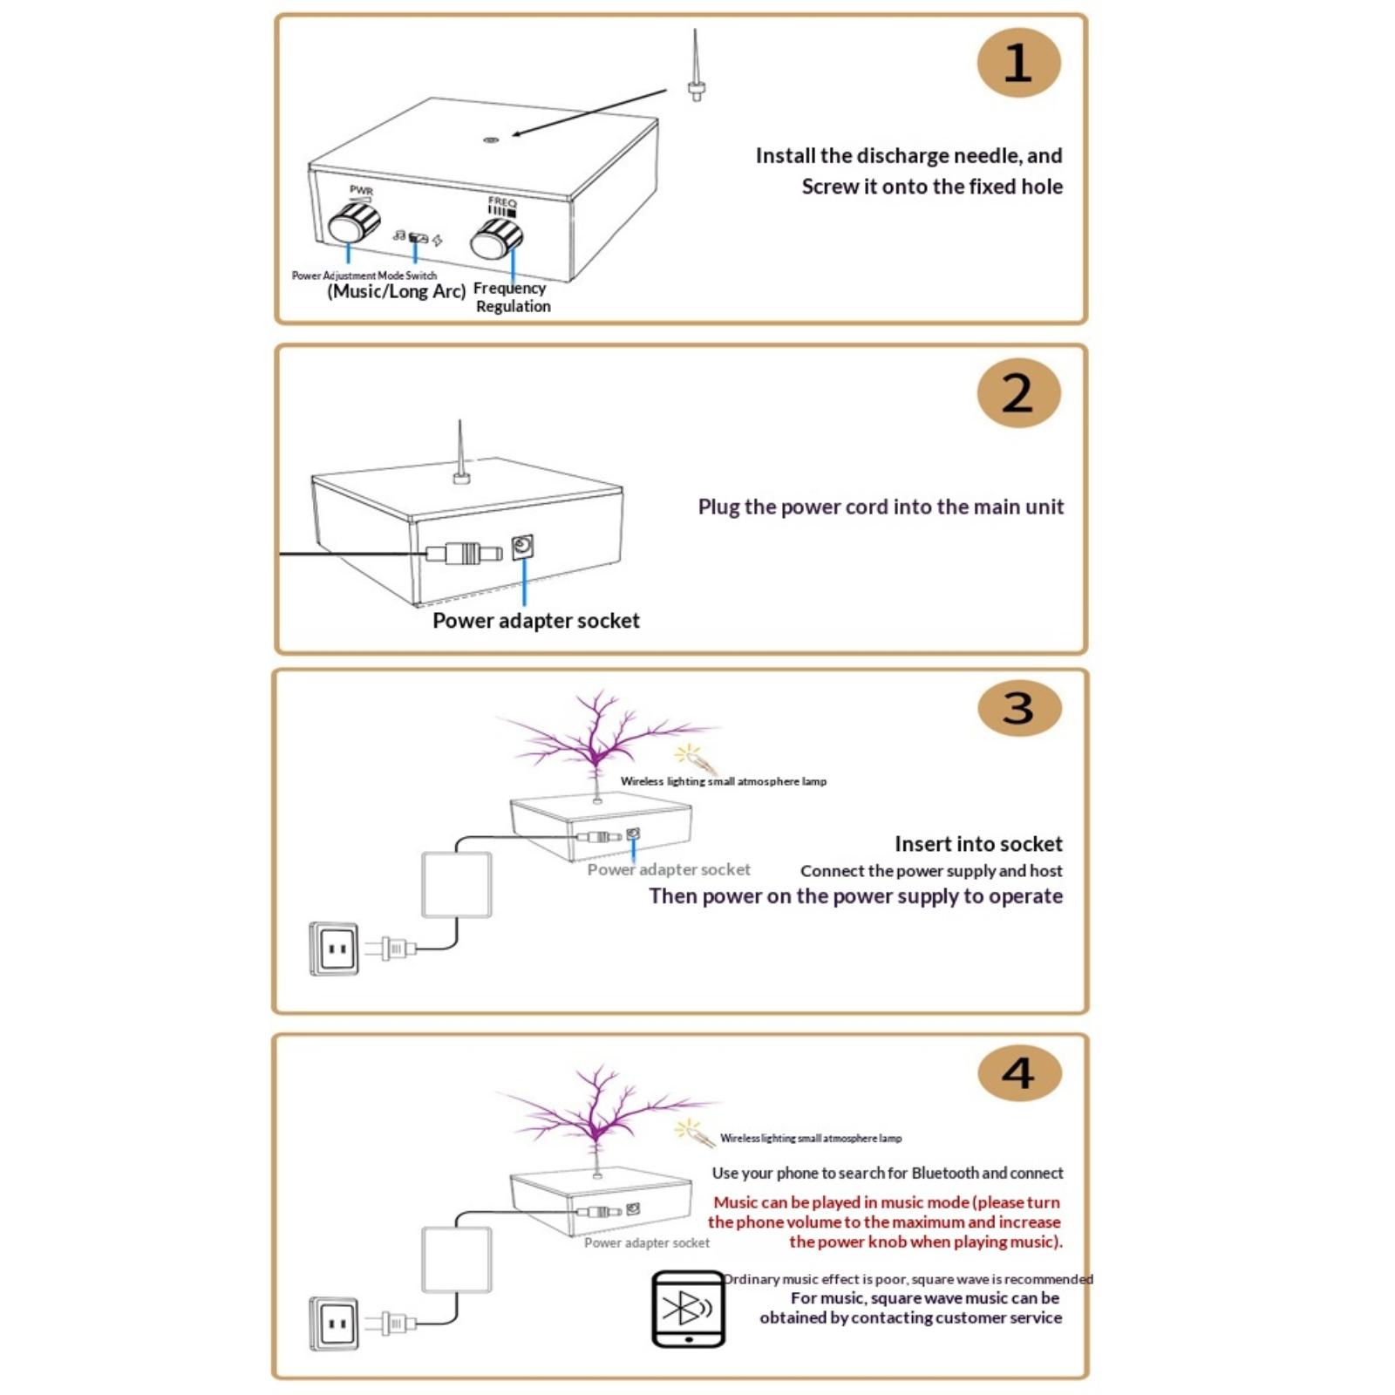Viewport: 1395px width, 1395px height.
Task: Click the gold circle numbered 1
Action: click(x=1017, y=63)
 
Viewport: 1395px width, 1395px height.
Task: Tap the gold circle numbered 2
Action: click(x=1017, y=393)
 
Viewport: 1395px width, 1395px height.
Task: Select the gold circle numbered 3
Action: click(x=1019, y=707)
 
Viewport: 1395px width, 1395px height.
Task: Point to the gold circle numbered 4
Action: click(x=1019, y=1072)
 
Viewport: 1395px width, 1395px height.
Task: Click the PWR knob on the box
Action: click(x=352, y=224)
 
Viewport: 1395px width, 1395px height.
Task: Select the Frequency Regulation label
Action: click(x=512, y=297)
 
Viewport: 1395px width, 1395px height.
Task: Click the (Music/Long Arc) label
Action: click(x=397, y=291)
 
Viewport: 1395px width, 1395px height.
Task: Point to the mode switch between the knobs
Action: click(x=418, y=238)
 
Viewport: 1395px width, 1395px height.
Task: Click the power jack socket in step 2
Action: click(x=522, y=548)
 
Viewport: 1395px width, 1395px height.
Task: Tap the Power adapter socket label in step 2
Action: click(x=535, y=621)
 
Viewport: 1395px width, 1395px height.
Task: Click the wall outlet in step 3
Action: click(x=334, y=948)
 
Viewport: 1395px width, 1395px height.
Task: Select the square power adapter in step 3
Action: click(x=456, y=885)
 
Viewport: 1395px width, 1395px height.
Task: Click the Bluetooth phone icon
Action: click(x=688, y=1309)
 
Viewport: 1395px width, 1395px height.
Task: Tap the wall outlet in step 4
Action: click(x=334, y=1324)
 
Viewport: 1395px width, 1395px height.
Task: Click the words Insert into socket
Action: click(x=978, y=844)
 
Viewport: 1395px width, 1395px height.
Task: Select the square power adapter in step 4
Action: click(x=456, y=1260)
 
